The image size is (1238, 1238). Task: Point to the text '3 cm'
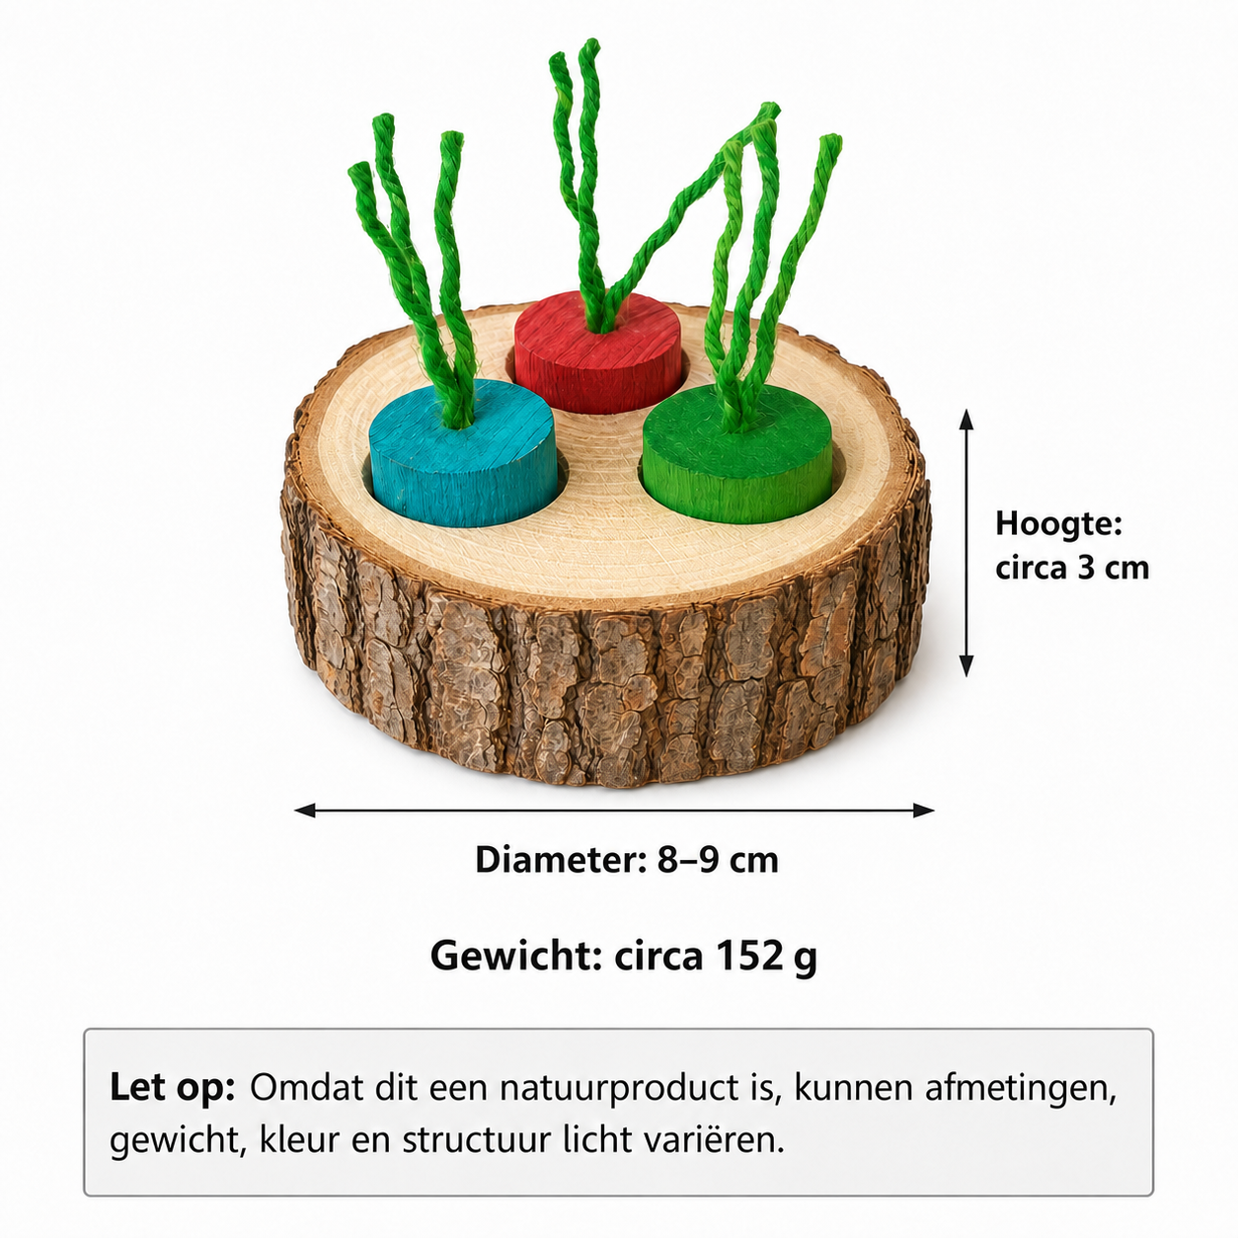click(1114, 568)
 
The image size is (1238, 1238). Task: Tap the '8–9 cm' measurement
click(718, 859)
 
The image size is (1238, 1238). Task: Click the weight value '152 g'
click(766, 957)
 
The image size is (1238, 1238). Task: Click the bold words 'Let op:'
click(172, 1088)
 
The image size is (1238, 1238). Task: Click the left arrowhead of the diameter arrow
click(304, 811)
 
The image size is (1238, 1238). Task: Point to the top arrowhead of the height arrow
click(967, 420)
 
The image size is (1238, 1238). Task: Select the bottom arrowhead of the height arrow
click(967, 666)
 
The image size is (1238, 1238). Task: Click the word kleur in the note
click(299, 1140)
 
